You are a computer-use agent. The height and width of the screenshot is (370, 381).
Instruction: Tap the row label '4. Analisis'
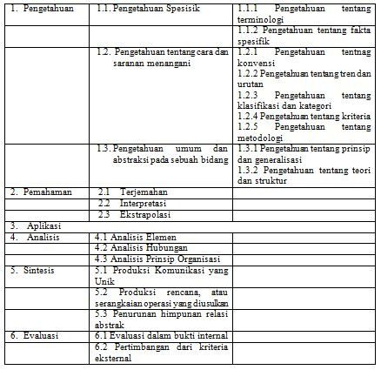33,236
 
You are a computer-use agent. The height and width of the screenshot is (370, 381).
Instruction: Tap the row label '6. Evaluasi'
36,335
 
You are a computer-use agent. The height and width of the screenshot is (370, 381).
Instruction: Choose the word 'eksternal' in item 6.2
113,357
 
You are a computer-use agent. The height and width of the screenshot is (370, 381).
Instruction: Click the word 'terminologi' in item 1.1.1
261,18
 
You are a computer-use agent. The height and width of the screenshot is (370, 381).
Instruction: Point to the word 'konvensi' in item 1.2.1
255,63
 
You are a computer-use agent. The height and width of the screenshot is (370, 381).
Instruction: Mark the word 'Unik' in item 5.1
104,280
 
